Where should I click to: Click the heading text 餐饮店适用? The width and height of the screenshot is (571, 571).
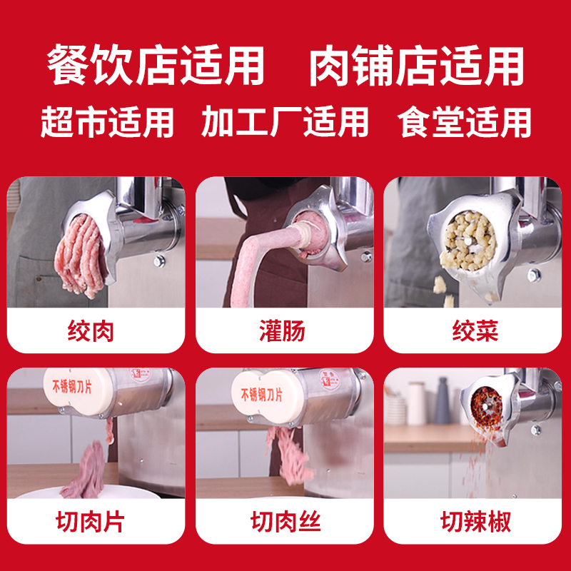pos(156,66)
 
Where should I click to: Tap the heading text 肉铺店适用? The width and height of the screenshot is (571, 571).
pos(416,66)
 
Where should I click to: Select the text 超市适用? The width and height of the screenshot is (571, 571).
pos(107,121)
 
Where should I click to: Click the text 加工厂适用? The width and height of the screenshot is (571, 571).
pos(285,121)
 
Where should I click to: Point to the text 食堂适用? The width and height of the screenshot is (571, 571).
pos(465,121)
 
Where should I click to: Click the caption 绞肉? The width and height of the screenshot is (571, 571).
pos(96,331)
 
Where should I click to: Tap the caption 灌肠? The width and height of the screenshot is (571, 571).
pos(285,331)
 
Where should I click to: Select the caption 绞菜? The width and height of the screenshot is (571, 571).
pos(474,331)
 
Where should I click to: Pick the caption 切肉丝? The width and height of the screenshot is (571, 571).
pos(285,522)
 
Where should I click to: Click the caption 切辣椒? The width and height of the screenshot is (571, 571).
pos(474,522)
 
